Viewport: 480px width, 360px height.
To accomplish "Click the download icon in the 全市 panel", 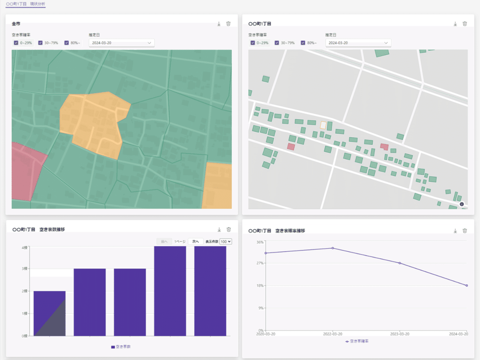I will click(219, 24).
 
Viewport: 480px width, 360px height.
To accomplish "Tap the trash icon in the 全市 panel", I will click(228, 24).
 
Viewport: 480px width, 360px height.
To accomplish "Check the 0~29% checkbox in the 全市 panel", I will click(16, 43).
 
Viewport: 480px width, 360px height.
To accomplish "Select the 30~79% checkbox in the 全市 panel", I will click(40, 43).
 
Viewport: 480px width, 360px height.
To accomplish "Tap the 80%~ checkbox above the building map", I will click(303, 43).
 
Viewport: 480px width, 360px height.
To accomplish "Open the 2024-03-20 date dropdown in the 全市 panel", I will click(121, 43).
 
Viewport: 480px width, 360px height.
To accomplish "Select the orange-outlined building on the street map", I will click(323, 125).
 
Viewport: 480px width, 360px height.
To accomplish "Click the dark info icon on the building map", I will click(462, 204).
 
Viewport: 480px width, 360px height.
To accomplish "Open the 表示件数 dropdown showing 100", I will click(226, 242).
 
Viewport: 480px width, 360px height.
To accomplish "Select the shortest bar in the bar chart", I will click(49, 313).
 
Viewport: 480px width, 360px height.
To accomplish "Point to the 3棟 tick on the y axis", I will click(25, 269).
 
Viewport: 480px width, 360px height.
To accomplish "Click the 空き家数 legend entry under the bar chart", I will click(121, 347).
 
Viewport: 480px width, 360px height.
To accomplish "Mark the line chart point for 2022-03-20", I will click(333, 248).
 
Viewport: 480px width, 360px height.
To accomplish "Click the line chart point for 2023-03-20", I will click(400, 263).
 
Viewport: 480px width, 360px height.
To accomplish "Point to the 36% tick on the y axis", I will click(260, 242).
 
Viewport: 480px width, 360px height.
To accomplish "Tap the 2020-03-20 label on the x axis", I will click(266, 334).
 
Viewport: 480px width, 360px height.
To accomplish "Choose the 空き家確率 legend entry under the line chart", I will click(357, 341).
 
